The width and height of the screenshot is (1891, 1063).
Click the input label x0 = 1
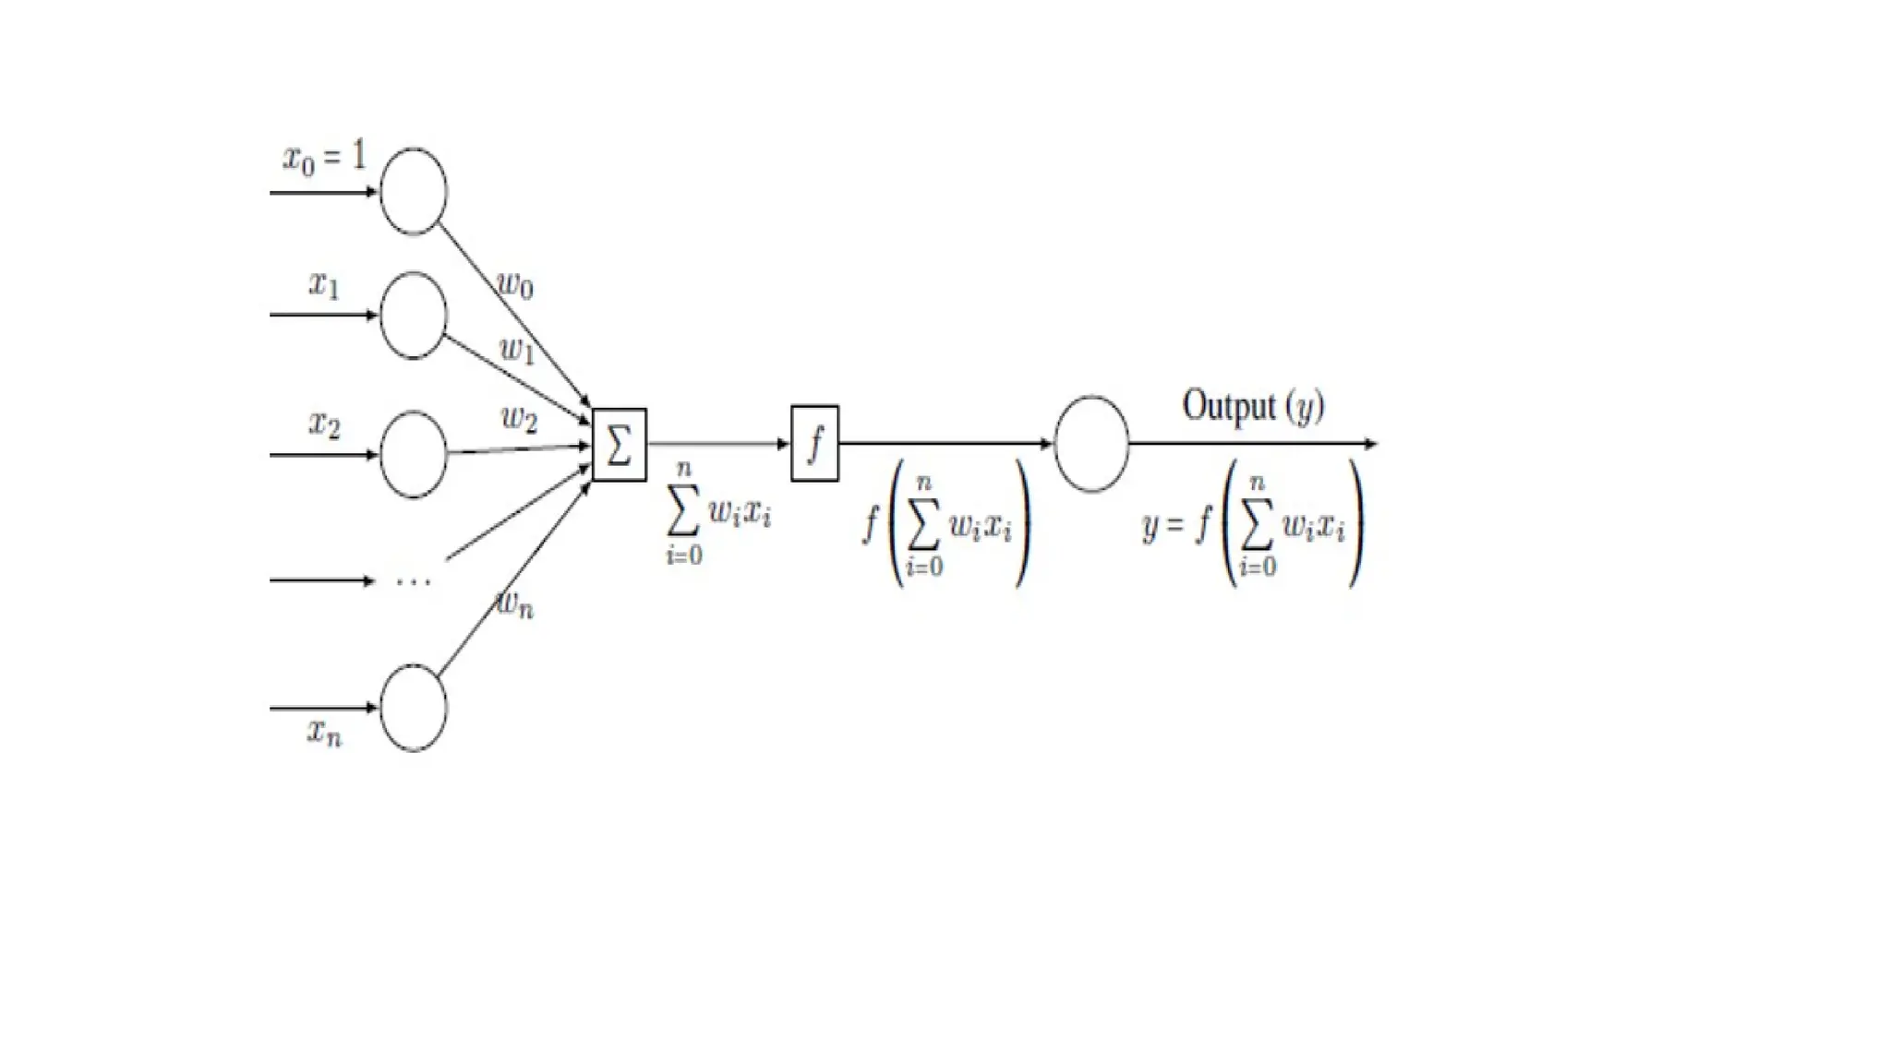[x=324, y=157]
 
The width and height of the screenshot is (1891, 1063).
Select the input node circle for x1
[x=413, y=316]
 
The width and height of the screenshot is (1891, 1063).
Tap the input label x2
[x=324, y=424]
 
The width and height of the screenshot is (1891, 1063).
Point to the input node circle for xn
[x=413, y=708]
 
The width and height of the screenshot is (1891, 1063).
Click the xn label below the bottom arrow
[x=324, y=734]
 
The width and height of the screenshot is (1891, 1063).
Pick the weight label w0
[x=515, y=284]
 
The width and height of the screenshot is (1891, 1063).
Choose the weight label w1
[x=517, y=350]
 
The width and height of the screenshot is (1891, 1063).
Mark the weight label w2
[x=519, y=419]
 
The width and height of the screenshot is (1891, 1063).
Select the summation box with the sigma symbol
[x=619, y=445]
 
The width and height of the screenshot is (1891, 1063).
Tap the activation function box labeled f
[x=814, y=444]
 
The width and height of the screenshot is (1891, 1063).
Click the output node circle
[x=1091, y=444]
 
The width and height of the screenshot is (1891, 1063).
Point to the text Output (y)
[x=1253, y=406]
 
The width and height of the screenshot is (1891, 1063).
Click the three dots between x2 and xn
[x=413, y=581]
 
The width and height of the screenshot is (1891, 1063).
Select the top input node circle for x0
[x=413, y=191]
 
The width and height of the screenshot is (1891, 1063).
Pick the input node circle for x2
[x=413, y=454]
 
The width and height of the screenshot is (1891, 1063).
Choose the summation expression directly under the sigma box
[x=717, y=513]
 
